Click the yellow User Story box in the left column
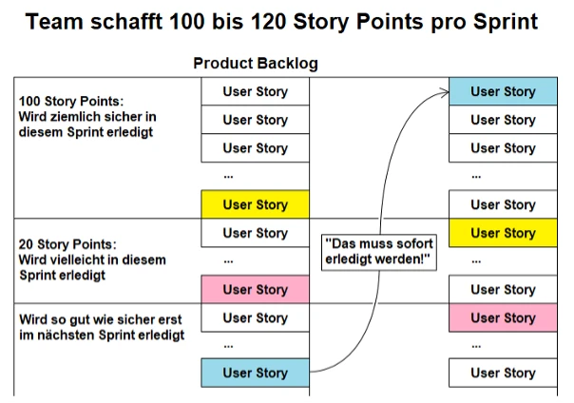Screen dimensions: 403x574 click(x=256, y=204)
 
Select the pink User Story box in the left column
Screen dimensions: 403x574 click(x=256, y=289)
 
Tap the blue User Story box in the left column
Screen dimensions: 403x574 click(x=256, y=373)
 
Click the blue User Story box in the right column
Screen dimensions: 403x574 click(x=503, y=91)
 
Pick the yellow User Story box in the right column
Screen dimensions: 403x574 click(x=503, y=233)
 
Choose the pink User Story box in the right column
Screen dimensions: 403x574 click(x=503, y=317)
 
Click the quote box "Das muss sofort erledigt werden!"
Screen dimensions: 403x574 click(x=378, y=252)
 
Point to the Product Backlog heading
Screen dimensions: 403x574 click(x=256, y=64)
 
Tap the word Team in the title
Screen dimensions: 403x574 click(x=58, y=22)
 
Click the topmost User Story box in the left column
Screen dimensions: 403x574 click(x=256, y=91)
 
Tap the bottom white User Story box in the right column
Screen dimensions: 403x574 click(x=503, y=373)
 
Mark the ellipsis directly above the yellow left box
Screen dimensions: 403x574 click(x=228, y=177)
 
